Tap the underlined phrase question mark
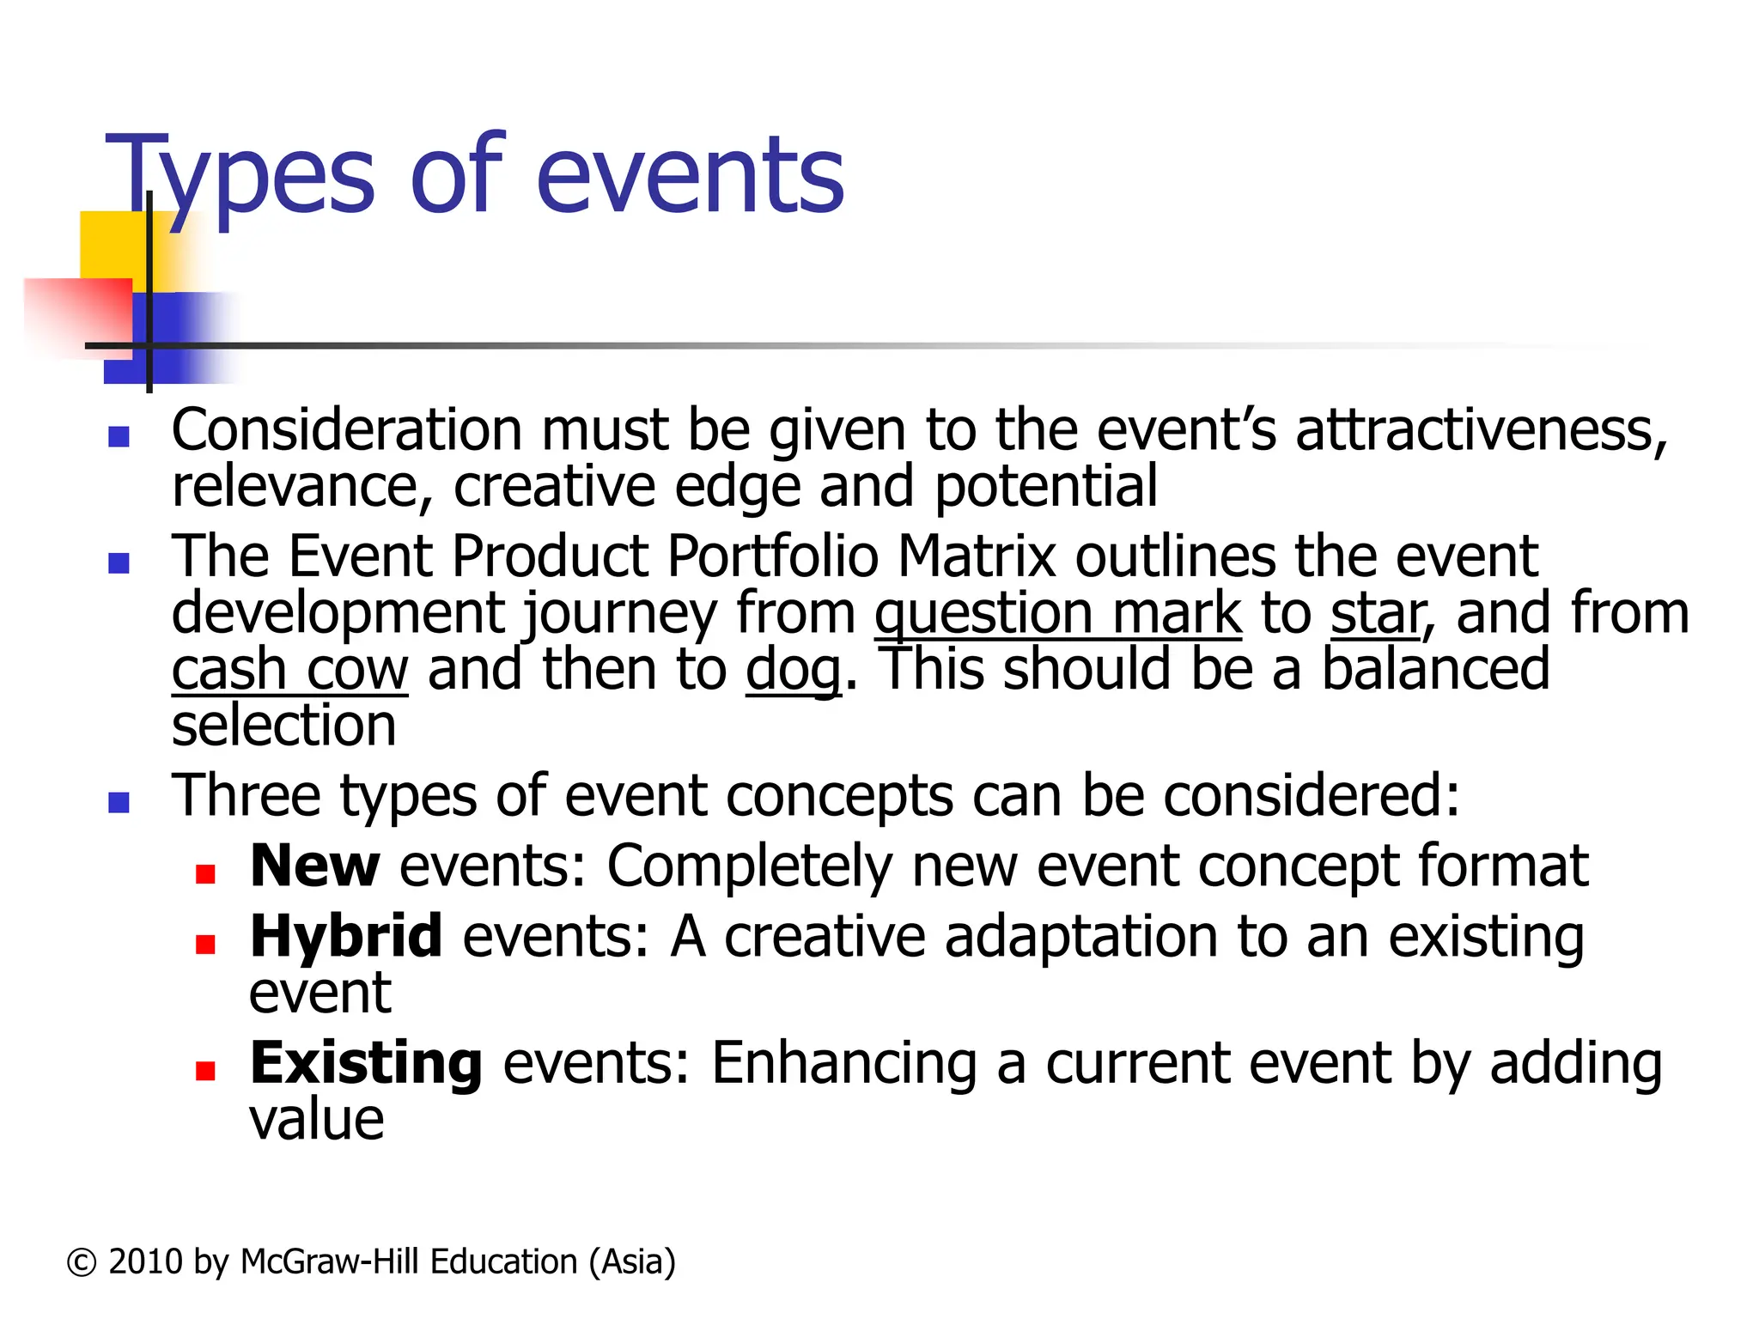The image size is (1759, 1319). point(1057,614)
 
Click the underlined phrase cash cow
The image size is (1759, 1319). point(289,671)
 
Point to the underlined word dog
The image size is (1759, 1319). point(793,671)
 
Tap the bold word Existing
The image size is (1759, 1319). point(366,1063)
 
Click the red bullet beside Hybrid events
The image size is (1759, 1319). point(204,945)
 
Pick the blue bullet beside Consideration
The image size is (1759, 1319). point(119,437)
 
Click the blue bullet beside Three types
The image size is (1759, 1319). point(119,803)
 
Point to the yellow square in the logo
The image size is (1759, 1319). point(112,245)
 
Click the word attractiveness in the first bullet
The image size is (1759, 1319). point(1481,430)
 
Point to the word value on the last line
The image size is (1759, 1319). point(316,1120)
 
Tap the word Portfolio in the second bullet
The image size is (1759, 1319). point(772,557)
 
